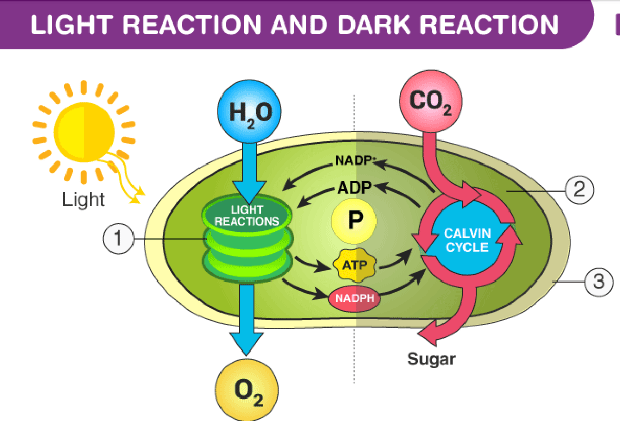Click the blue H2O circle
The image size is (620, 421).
click(x=249, y=112)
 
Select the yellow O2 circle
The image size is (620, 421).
click(x=248, y=391)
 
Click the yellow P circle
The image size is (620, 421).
click(x=354, y=221)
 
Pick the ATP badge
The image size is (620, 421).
click(x=354, y=264)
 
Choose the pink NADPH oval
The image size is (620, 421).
click(x=355, y=297)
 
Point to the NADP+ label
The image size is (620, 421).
click(x=355, y=160)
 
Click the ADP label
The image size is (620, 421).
click(x=354, y=188)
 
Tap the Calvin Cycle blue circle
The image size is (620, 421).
click(x=467, y=241)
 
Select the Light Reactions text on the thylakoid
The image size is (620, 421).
click(x=247, y=216)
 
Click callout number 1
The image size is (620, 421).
click(x=118, y=239)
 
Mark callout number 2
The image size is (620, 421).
click(x=579, y=189)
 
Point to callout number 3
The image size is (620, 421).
click(x=598, y=281)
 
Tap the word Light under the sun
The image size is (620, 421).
click(x=83, y=200)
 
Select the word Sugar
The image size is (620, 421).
click(x=431, y=359)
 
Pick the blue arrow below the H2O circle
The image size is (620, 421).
click(x=249, y=169)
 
